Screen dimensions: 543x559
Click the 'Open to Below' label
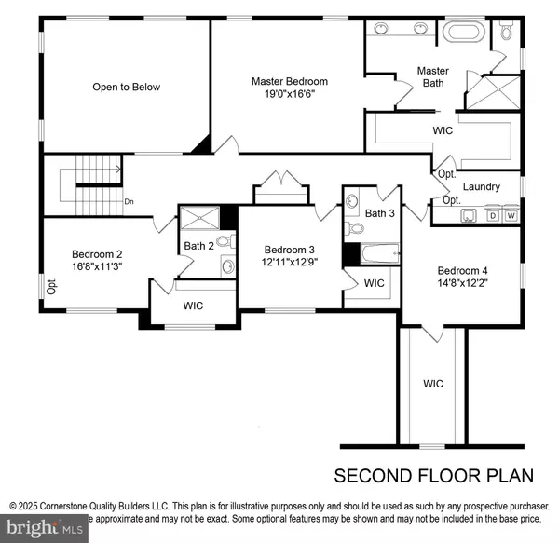click(126, 88)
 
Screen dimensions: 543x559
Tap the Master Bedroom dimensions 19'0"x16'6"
click(290, 95)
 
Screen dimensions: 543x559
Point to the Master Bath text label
click(432, 77)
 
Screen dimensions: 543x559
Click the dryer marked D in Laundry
click(494, 216)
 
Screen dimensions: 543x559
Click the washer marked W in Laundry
click(511, 216)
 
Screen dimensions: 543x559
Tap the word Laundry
click(481, 187)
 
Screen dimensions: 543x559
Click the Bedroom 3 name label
click(290, 250)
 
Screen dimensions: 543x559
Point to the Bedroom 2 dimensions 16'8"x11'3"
click(97, 265)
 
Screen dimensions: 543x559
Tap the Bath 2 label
click(199, 246)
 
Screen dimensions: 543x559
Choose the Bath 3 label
click(380, 214)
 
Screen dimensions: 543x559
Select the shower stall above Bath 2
click(198, 218)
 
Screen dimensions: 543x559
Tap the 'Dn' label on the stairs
click(129, 200)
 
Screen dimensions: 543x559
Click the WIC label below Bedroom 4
click(433, 384)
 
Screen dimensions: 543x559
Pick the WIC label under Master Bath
click(443, 131)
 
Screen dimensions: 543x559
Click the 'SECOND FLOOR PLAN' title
click(434, 476)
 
